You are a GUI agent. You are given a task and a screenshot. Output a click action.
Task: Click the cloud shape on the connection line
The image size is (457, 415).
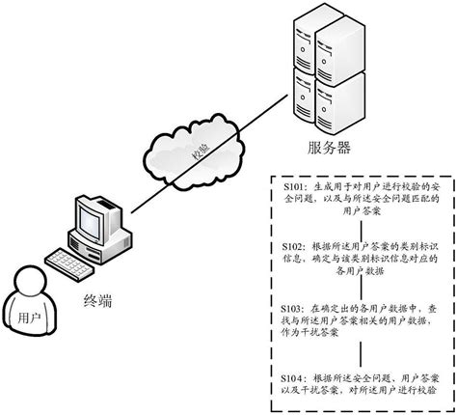click(x=188, y=148)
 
